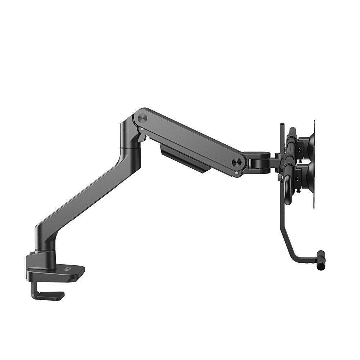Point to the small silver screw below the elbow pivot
click(143, 129)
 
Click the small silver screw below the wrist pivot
click(236, 173)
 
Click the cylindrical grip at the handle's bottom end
click(320, 260)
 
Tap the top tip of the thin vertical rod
click(282, 125)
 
